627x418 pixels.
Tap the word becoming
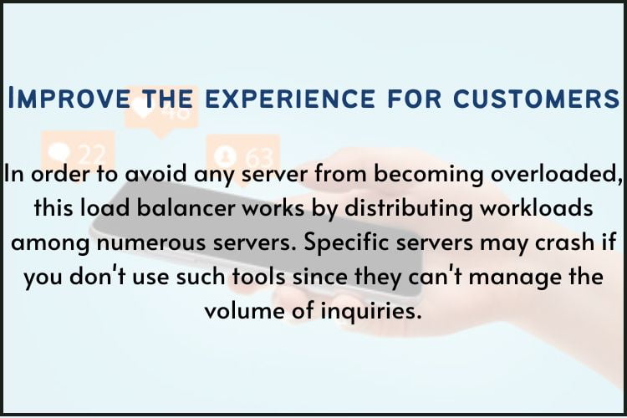click(x=395, y=177)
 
